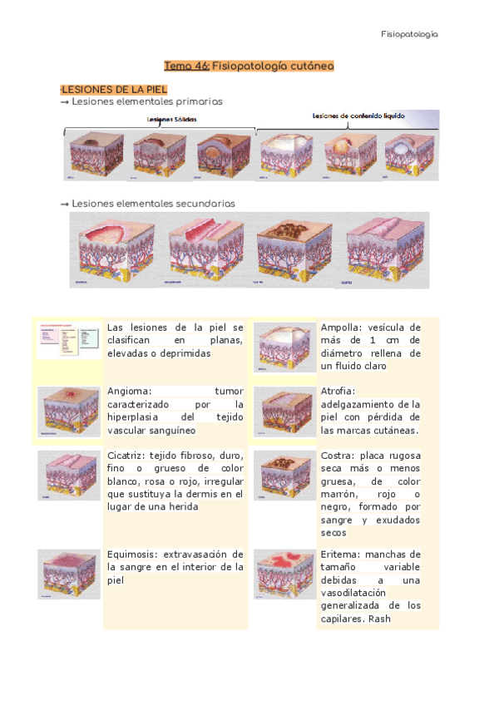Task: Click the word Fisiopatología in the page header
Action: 409,34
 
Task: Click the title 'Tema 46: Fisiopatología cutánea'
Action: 249,65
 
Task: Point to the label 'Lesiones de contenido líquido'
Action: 358,116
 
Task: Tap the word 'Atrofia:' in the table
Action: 338,391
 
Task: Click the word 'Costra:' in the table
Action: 338,455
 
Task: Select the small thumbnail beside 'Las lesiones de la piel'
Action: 69,342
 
